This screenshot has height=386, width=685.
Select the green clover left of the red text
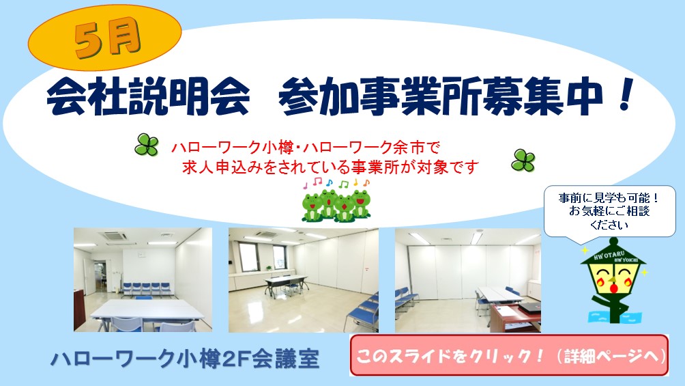(146, 144)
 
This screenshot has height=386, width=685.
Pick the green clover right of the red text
(523, 161)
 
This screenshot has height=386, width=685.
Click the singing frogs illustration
(336, 204)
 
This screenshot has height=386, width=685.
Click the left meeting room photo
(143, 279)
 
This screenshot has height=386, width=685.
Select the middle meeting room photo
(303, 279)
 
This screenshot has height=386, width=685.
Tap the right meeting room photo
(467, 279)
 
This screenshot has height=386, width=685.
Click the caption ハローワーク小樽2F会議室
(184, 359)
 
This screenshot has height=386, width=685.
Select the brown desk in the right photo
(514, 318)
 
